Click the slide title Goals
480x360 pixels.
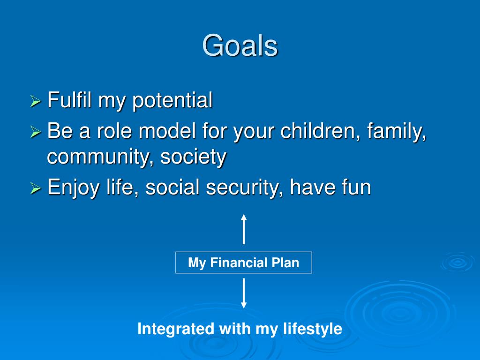(240, 45)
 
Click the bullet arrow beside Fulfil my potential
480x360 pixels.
(36, 101)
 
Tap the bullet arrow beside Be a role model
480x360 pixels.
(36, 132)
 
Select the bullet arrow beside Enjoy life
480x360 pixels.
(36, 188)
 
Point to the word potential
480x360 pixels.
(172, 101)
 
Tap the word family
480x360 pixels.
(396, 132)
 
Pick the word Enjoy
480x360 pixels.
(73, 188)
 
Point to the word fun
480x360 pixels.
(356, 187)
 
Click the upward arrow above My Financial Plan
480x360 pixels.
(244, 229)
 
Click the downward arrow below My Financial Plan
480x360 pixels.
(244, 293)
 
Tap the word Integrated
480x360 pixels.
(176, 329)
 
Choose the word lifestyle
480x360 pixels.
(313, 329)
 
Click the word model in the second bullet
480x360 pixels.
(167, 131)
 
